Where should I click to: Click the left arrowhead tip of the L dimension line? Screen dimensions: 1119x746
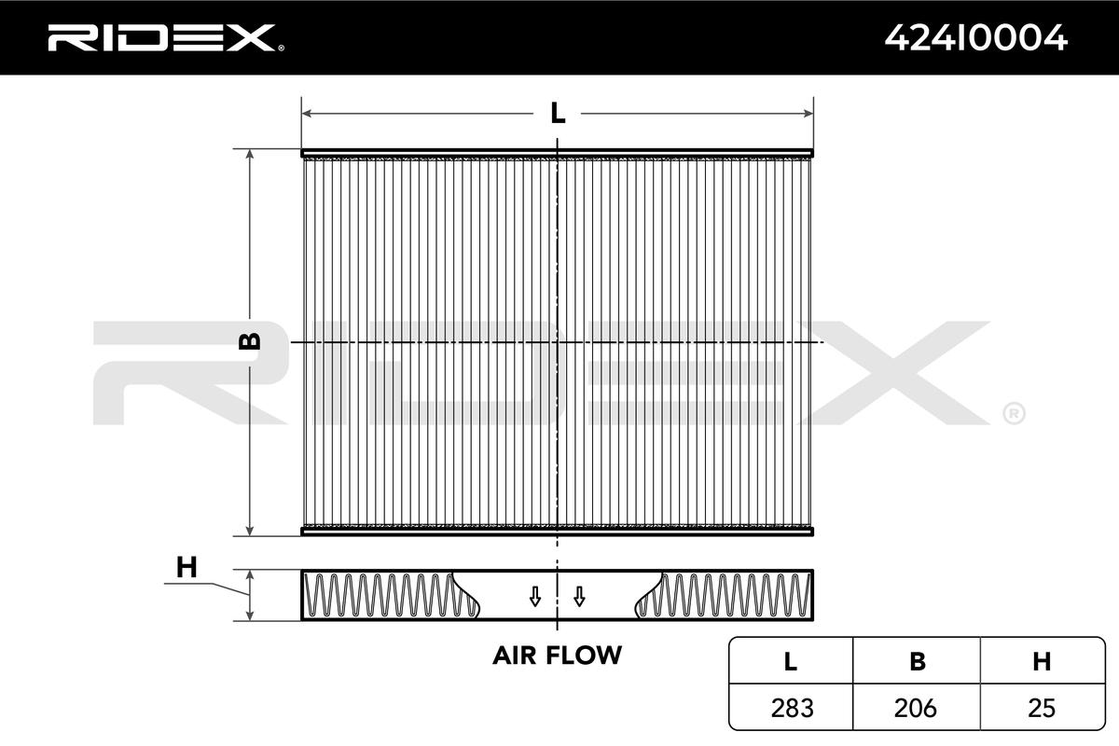pos(303,114)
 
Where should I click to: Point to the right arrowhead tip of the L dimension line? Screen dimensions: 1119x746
pos(812,114)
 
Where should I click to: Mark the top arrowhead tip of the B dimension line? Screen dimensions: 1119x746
pos(250,149)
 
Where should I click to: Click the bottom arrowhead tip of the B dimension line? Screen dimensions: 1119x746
pos(250,535)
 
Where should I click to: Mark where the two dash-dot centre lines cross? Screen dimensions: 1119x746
pos(557,342)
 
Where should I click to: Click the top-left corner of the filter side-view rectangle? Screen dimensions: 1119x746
pos(302,570)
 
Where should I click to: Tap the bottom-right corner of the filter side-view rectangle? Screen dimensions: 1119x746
pos(813,620)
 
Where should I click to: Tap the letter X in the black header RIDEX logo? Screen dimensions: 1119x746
pos(254,38)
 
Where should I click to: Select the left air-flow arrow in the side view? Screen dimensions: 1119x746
pos(535,597)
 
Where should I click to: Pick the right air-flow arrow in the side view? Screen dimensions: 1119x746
pos(579,597)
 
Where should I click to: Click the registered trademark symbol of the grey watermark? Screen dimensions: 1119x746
pos(1015,413)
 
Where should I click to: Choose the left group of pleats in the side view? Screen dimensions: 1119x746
pos(391,595)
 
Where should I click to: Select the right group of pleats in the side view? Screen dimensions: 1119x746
pos(723,595)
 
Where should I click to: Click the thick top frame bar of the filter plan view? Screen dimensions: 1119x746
pos(557,153)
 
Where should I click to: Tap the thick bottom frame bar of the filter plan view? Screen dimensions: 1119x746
pos(557,532)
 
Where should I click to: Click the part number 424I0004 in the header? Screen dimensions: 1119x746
pos(975,38)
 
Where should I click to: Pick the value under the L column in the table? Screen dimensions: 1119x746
pos(792,708)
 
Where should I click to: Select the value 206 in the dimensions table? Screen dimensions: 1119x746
pos(915,708)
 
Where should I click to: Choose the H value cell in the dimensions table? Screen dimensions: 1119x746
pos(1042,708)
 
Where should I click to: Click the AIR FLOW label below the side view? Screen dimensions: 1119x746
pos(557,655)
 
